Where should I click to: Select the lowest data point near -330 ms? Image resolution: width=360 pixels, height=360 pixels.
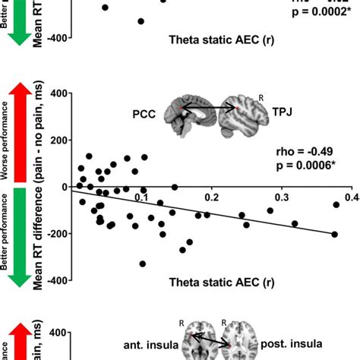tap(142, 264)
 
